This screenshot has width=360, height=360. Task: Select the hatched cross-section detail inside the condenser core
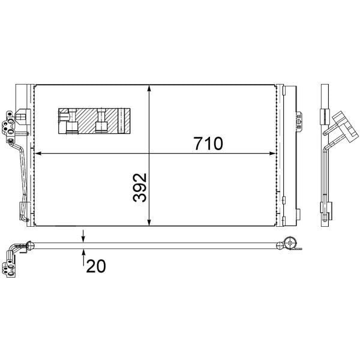point(94,121)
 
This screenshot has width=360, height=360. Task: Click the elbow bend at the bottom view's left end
point(17,247)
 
